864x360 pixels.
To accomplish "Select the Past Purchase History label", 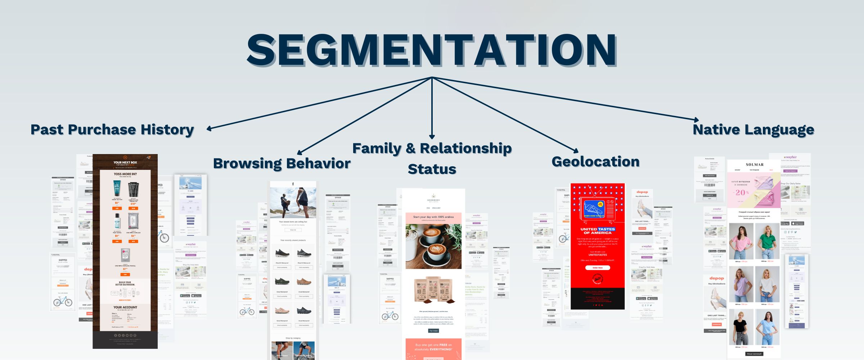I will coord(112,129).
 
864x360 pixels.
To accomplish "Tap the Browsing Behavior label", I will coord(282,163).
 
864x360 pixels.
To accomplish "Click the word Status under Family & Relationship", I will coord(432,169).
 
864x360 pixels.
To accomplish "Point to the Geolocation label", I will coord(595,161).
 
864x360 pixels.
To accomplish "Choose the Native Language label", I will coord(753,129).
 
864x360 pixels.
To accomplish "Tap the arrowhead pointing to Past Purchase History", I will coord(209,129).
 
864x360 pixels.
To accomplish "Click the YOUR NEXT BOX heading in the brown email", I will coord(125,162).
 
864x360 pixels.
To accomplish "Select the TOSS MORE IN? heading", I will coord(125,174).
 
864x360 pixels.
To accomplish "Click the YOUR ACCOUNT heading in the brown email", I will coord(125,307).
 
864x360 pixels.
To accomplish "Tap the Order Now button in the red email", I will coord(597,267).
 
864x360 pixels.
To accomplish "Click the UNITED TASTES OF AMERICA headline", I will coord(597,231).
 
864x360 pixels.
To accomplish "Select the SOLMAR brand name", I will coord(755,165).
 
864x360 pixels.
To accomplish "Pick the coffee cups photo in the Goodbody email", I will coord(433,246).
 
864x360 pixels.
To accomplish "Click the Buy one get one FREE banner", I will coord(433,347).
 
